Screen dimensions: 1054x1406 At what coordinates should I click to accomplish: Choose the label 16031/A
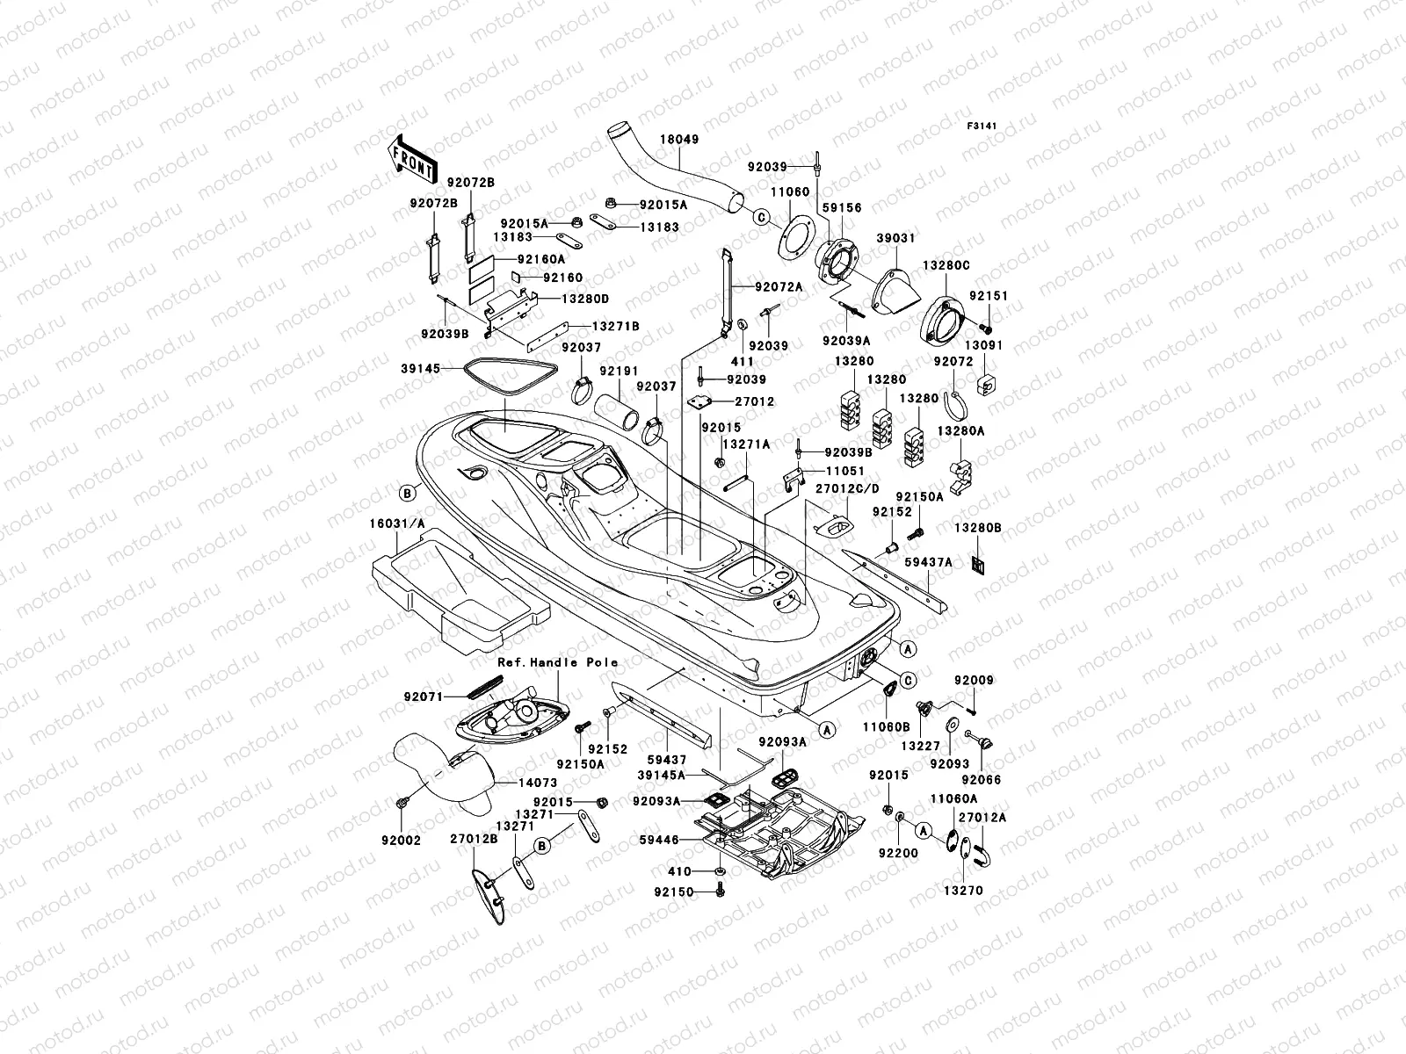point(397,523)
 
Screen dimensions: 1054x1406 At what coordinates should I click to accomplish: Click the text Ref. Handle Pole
point(558,662)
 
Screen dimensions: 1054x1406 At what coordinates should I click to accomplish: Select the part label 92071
point(423,697)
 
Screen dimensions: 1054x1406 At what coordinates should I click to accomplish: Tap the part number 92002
point(401,841)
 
